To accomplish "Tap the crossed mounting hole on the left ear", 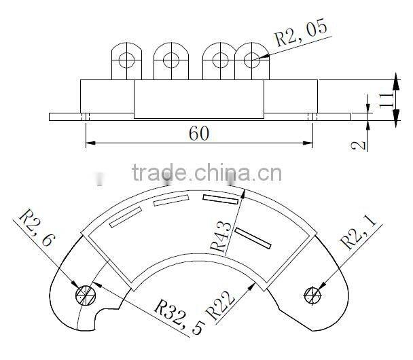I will pyautogui.click(x=85, y=294).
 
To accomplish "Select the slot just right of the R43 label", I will pyautogui.click(x=253, y=237).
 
